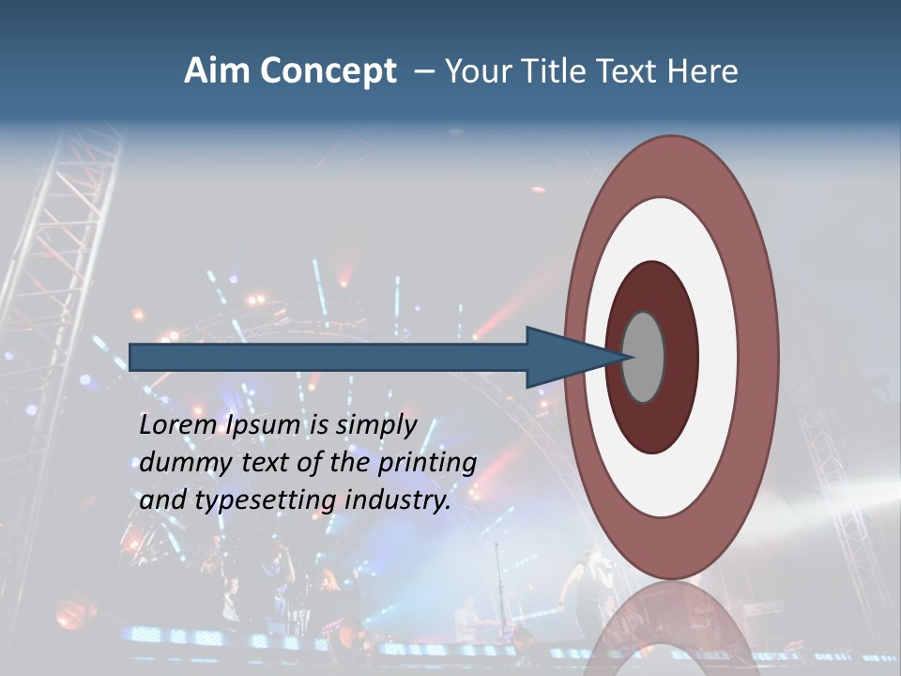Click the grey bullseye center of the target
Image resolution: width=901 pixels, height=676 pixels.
[644, 357]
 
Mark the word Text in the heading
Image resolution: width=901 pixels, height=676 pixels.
[629, 71]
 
